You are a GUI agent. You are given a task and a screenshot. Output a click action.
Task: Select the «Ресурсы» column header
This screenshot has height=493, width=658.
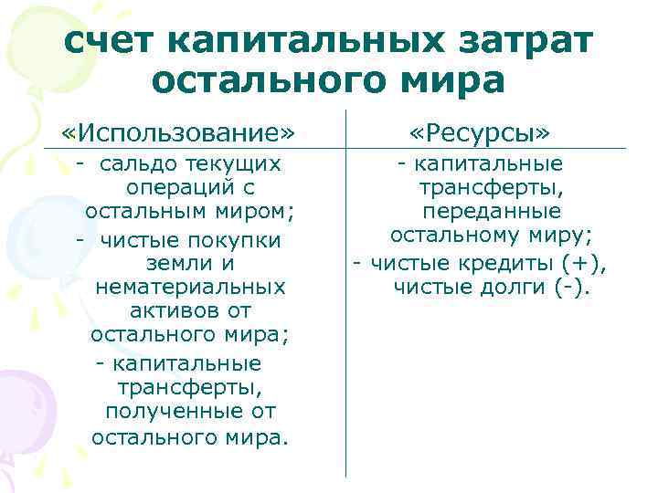[x=480, y=133]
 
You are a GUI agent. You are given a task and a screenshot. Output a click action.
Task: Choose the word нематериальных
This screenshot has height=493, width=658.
[x=190, y=288]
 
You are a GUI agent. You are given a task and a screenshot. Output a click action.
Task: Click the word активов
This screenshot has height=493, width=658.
[x=165, y=311]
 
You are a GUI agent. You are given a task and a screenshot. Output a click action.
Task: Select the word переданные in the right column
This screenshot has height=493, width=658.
[x=492, y=211]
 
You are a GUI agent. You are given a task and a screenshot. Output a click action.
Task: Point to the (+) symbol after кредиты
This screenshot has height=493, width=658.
[x=578, y=264]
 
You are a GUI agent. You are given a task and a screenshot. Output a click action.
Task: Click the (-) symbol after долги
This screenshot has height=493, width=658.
[x=572, y=288]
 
